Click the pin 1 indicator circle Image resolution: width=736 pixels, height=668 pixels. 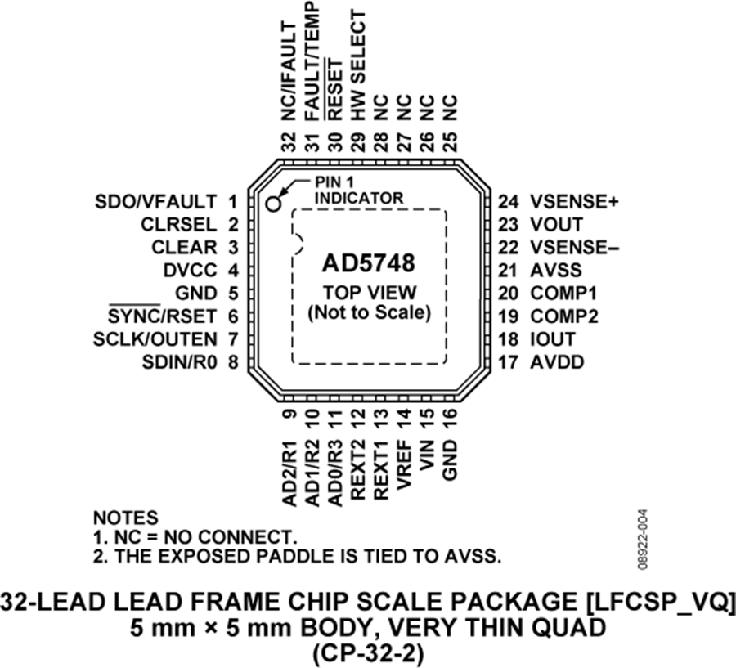[272, 204]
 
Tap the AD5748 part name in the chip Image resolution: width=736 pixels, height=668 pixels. [369, 263]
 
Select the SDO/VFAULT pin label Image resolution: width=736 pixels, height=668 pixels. [155, 202]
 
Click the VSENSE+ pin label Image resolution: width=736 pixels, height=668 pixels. [575, 202]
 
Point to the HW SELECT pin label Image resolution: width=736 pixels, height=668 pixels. [357, 65]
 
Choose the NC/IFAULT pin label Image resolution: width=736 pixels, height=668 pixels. [289, 71]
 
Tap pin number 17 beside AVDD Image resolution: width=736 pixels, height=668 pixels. [509, 362]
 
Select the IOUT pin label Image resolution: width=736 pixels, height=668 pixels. [553, 339]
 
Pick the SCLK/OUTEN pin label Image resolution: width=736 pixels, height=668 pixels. [155, 339]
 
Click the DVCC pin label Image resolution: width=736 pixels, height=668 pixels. [190, 271]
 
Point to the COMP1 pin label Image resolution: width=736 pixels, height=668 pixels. [563, 294]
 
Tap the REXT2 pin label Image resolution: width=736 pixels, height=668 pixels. [357, 470]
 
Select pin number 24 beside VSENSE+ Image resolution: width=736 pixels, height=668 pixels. [509, 202]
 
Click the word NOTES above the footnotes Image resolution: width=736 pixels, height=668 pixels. [126, 518]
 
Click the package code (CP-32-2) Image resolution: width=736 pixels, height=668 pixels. [368, 653]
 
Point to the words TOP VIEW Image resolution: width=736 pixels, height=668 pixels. [370, 293]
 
